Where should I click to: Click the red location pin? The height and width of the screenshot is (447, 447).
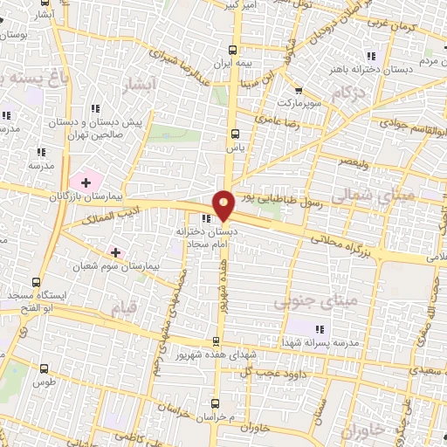pyautogui.click(x=224, y=205)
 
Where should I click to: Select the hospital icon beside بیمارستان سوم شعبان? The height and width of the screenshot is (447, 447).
pyautogui.click(x=115, y=251)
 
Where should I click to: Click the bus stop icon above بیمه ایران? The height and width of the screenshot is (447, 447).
pyautogui.click(x=232, y=51)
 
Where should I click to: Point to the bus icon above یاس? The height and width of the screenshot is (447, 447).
pyautogui.click(x=234, y=134)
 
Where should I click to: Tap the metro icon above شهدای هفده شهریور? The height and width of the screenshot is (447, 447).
pyautogui.click(x=216, y=341)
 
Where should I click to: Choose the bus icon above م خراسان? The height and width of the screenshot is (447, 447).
pyautogui.click(x=216, y=402)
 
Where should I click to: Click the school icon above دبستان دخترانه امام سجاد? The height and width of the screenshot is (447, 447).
pyautogui.click(x=207, y=219)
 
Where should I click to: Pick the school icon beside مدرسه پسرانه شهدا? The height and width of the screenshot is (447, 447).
pyautogui.click(x=320, y=328)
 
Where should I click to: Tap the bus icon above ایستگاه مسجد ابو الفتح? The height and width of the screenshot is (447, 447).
pyautogui.click(x=35, y=282)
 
